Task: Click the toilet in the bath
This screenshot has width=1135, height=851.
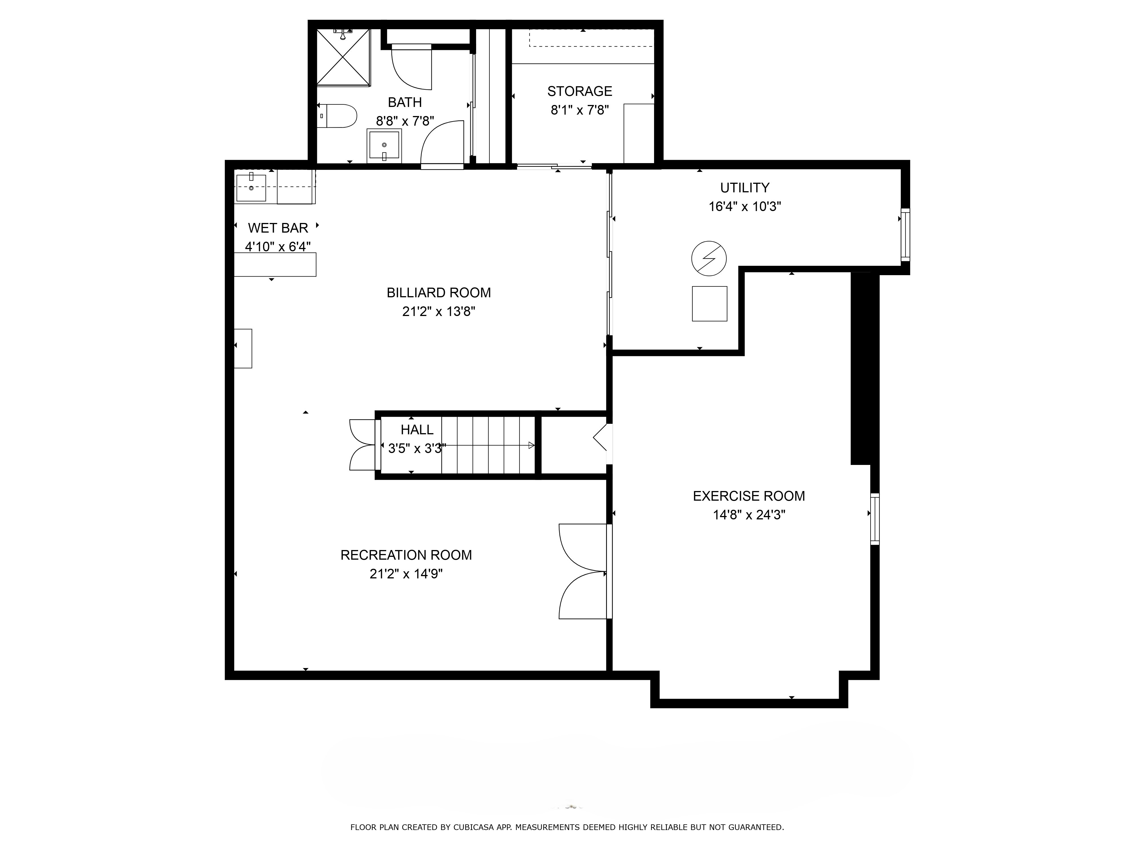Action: tap(337, 116)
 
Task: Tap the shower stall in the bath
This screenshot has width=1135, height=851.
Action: tap(343, 57)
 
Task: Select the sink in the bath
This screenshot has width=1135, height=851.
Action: tap(384, 146)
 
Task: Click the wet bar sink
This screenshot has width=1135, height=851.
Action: tap(251, 188)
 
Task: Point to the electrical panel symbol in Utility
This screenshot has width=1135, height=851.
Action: tap(709, 258)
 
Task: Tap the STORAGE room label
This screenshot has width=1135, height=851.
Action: tap(580, 91)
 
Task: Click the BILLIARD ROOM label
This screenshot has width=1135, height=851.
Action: tap(439, 293)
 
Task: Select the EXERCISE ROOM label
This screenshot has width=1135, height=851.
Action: tap(749, 496)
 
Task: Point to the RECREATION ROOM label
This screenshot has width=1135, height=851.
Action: tap(406, 555)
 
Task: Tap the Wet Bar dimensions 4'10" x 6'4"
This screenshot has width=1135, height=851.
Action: tap(278, 247)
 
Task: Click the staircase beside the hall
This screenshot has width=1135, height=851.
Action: tap(488, 445)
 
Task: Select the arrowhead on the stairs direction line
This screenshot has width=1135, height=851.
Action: tap(531, 445)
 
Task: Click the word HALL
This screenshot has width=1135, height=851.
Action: tap(417, 430)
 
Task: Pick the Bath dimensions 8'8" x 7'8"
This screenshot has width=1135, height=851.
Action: tap(405, 121)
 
